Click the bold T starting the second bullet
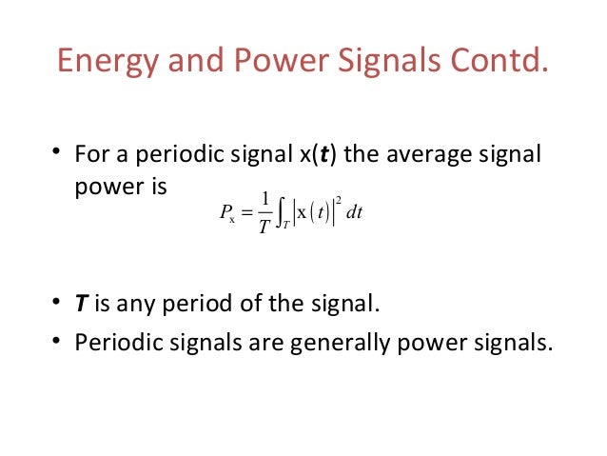pos(81,307)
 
